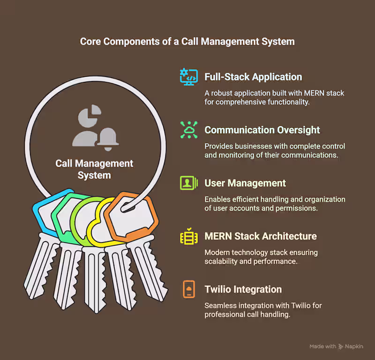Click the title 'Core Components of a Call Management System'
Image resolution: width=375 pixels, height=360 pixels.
coord(187,41)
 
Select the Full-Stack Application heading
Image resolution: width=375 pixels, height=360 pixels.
coord(253,77)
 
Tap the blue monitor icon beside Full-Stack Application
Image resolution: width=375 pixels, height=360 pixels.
coord(189,76)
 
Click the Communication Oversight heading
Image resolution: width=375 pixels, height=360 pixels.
coord(262,130)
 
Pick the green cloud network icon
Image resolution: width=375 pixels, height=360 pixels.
coord(189,130)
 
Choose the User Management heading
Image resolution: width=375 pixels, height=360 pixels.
coord(245,183)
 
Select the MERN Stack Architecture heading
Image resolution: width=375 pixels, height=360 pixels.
coord(261,236)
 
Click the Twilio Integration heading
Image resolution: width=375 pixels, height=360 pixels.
coord(243,289)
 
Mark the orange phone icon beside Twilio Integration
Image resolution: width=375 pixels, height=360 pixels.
coord(189,289)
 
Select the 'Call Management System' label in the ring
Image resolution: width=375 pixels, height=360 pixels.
coord(94,169)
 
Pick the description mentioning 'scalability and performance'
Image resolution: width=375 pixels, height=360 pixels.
coord(261,257)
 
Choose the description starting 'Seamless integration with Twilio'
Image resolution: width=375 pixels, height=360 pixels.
coord(263,310)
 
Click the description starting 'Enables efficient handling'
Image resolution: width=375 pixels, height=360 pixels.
coord(275,204)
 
